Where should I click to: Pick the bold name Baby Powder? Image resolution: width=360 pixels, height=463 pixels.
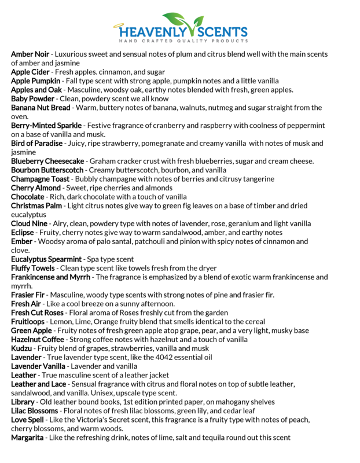33,98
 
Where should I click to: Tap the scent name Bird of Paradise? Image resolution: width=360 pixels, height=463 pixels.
37,143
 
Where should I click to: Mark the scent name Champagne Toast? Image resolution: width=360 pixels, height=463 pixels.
43,179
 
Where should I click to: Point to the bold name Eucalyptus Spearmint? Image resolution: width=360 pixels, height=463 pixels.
47,259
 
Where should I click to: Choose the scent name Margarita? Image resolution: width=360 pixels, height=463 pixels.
27,438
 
